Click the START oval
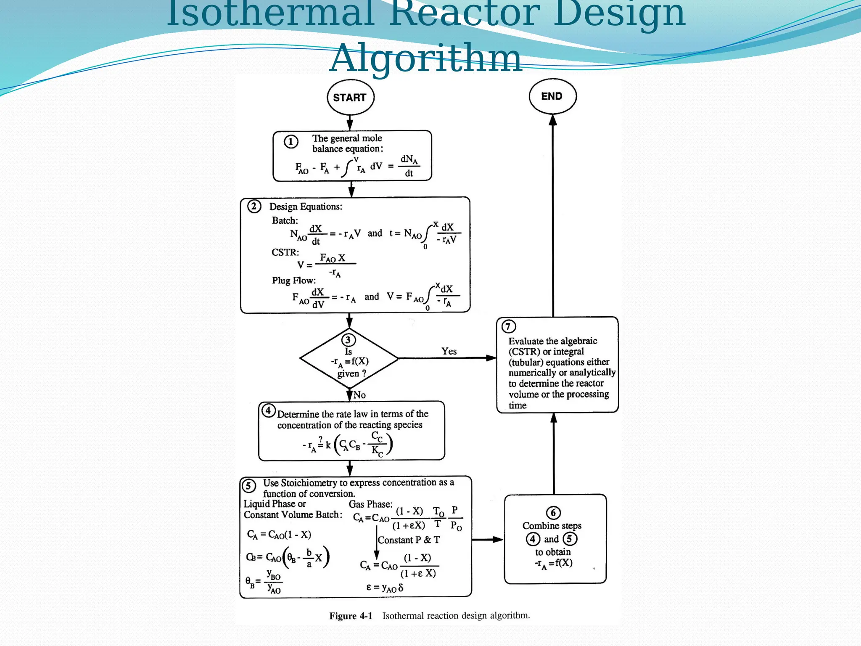pos(350,98)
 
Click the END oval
pos(552,96)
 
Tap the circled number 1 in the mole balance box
pos(291,142)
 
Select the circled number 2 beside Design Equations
pos(254,207)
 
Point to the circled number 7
pos(508,326)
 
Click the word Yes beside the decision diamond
pos(449,351)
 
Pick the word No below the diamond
pos(359,395)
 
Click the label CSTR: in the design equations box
pos(285,252)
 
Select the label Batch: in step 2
pos(285,220)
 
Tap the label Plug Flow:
pos(293,281)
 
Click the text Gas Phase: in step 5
pos(370,504)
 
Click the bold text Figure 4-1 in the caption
pos(351,616)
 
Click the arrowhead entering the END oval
pos(553,120)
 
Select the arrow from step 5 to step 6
pos(488,539)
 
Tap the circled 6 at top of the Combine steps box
pos(553,513)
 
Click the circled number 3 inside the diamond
pos(348,340)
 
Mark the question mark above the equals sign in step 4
pos(320,439)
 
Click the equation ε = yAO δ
pos(385,588)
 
